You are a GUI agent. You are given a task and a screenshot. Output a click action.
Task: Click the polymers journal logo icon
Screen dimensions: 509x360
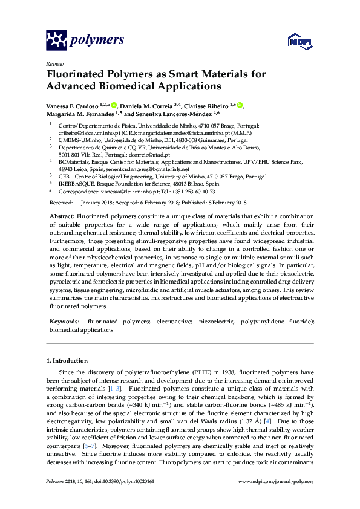57,41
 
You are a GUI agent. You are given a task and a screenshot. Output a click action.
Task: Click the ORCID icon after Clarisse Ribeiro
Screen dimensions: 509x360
240,106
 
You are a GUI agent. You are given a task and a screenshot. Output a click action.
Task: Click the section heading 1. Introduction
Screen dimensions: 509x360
67,361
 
